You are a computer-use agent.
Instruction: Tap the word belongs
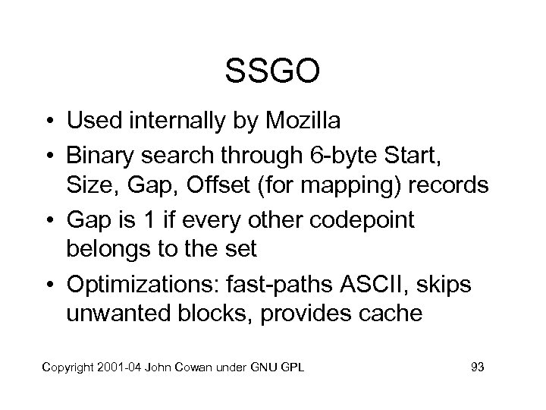coord(111,250)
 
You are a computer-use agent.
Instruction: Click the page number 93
coord(478,368)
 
